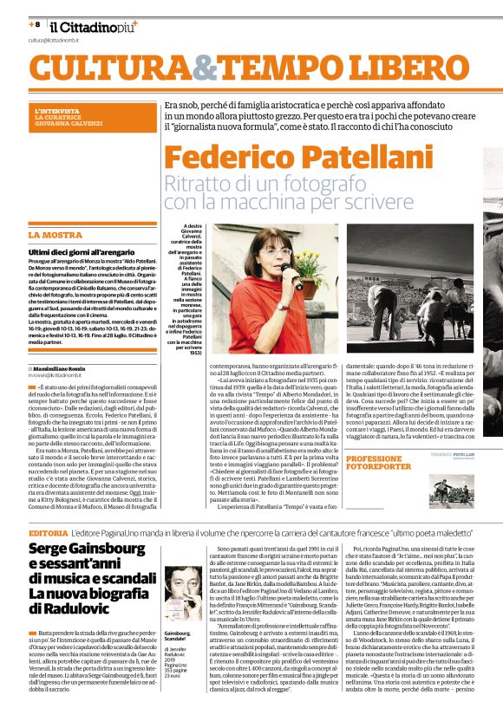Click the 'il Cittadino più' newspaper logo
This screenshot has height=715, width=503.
[x=92, y=26]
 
